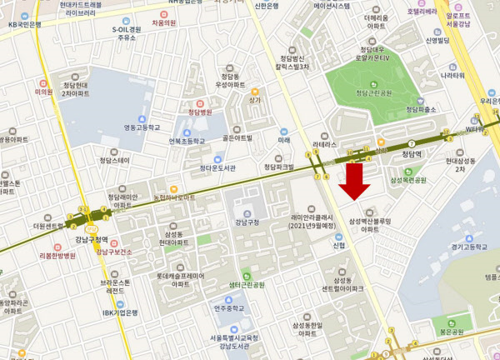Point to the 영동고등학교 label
click(141, 127)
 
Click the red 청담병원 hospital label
click(200, 112)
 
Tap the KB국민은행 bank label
click(24, 24)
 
